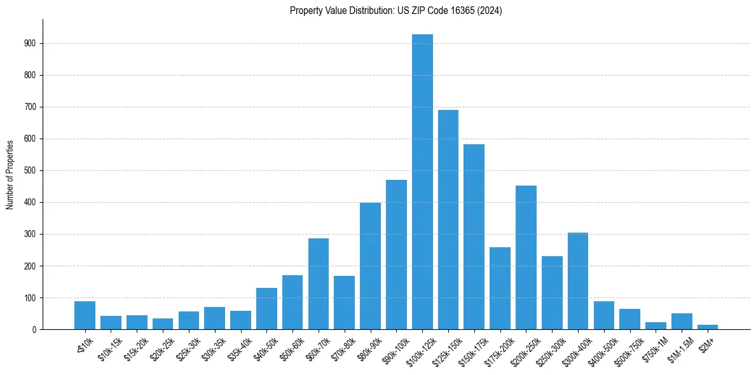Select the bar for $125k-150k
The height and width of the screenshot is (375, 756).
(448, 220)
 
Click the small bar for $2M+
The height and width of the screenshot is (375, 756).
(708, 327)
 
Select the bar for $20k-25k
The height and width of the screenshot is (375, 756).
(163, 324)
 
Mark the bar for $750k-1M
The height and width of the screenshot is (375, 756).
(656, 325)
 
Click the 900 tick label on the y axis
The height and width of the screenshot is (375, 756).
(31, 44)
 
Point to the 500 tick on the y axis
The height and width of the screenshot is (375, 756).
(31, 171)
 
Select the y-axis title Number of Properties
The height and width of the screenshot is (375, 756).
(10, 174)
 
